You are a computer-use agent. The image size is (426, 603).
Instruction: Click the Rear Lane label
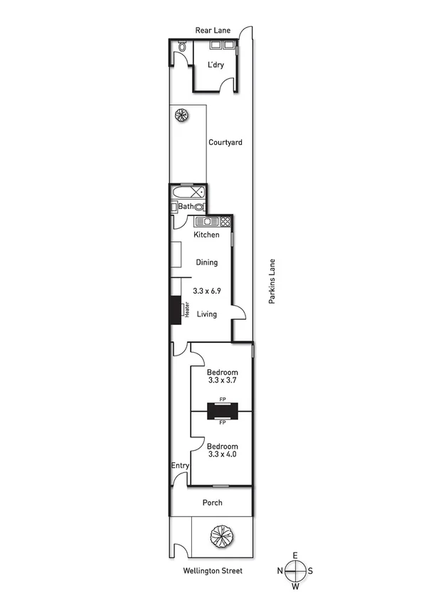tap(214, 30)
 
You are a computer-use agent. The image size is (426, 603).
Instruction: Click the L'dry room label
tap(215, 65)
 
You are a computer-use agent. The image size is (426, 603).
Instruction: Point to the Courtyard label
tap(225, 142)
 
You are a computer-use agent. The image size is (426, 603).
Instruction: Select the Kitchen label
tap(206, 235)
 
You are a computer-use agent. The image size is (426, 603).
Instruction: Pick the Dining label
tap(206, 262)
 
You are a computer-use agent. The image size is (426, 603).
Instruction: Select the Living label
tap(206, 314)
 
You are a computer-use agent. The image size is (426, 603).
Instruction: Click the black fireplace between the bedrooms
tap(222, 411)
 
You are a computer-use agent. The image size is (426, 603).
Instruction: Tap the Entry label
tap(180, 466)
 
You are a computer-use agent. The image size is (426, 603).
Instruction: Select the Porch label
tap(212, 503)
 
